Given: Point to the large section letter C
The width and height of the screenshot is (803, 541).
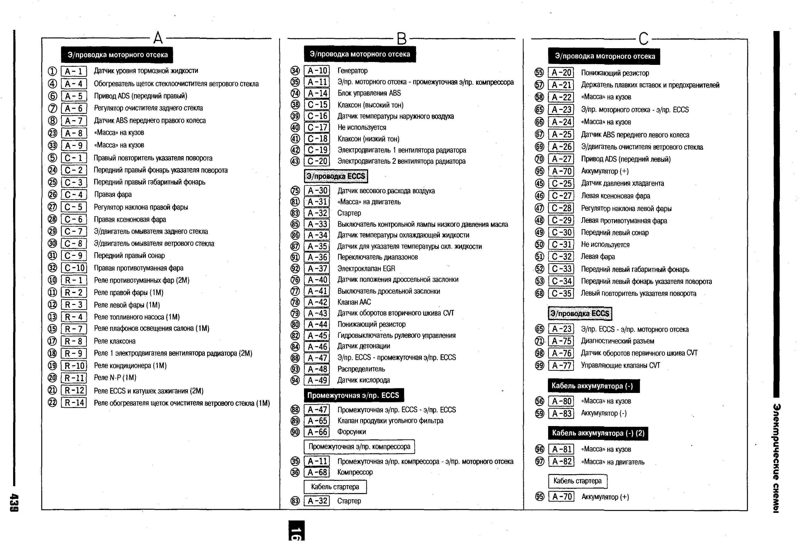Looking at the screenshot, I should point(643,39).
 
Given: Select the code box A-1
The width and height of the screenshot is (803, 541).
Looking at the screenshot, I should point(74,72).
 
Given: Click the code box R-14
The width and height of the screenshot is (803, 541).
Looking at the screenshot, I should point(74,403).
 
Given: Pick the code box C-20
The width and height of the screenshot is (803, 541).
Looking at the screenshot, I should point(317,161).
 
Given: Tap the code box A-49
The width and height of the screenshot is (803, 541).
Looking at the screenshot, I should point(317,380).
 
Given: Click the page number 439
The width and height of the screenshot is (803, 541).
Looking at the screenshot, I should point(15,503).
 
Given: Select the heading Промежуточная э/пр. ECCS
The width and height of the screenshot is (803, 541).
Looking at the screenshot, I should point(353,395).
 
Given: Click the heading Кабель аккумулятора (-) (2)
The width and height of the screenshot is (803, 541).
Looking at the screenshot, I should point(598,433).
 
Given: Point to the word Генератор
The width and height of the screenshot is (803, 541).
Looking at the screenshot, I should point(352,71).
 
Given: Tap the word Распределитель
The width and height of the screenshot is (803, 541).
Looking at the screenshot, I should point(361,369).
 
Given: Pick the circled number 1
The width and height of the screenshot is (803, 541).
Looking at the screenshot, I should point(52,72).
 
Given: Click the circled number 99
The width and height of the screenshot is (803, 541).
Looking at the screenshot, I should point(539,365).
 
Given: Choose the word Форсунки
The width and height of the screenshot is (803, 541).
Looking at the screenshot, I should point(352,432).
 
